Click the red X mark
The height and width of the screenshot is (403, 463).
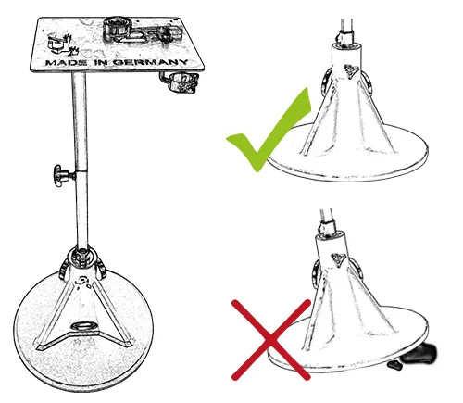click(x=269, y=338)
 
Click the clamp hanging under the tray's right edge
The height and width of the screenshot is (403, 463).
click(x=180, y=83)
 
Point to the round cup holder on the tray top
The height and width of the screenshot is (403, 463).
click(x=117, y=26)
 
